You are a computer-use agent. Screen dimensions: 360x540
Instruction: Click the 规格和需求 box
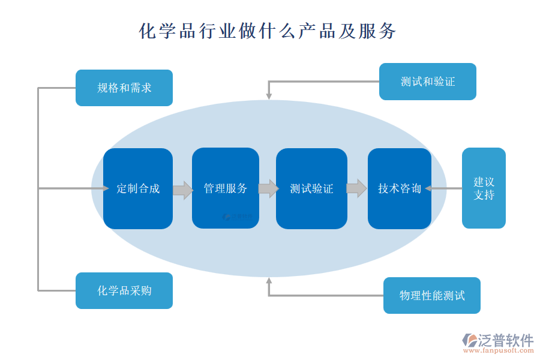pyautogui.click(x=124, y=88)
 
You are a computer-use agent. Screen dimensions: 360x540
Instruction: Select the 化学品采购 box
pyautogui.click(x=124, y=290)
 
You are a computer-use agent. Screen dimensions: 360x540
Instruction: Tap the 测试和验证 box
pyautogui.click(x=427, y=81)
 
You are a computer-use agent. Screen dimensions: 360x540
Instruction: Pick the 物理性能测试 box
pyautogui.click(x=431, y=295)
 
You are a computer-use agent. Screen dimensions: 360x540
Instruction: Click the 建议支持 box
pyautogui.click(x=484, y=188)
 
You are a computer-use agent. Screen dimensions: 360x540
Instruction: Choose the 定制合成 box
pyautogui.click(x=138, y=188)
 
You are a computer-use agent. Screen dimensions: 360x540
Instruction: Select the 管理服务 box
pyautogui.click(x=226, y=188)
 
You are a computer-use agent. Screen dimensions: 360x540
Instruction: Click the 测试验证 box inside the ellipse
pyautogui.click(x=311, y=188)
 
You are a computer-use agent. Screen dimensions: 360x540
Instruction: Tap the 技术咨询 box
pyautogui.click(x=400, y=188)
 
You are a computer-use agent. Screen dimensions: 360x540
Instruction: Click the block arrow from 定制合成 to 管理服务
pyautogui.click(x=182, y=190)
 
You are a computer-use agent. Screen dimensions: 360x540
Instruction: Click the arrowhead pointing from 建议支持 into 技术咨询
pyautogui.click(x=428, y=188)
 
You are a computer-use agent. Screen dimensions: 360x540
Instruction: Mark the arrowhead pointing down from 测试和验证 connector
pyautogui.click(x=269, y=95)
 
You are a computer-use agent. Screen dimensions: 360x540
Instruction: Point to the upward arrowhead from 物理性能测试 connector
pyautogui.click(x=269, y=281)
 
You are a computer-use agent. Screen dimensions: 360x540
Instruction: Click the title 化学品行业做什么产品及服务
pyautogui.click(x=268, y=31)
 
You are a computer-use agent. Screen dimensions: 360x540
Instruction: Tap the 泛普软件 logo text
pyautogui.click(x=505, y=340)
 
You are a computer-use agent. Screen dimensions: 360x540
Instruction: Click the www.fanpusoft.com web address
pyautogui.click(x=497, y=351)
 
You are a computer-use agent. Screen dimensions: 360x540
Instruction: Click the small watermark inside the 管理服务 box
pyautogui.click(x=238, y=217)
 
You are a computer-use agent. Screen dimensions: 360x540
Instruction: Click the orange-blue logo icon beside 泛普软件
pyautogui.click(x=469, y=340)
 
